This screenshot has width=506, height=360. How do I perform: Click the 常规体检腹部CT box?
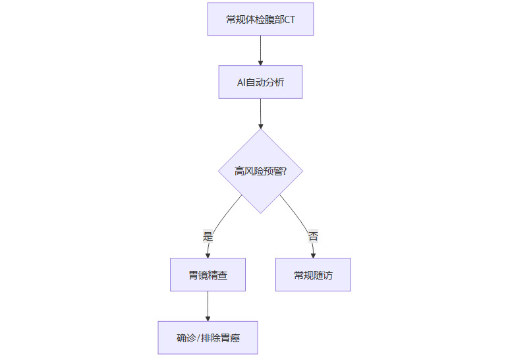(260, 19)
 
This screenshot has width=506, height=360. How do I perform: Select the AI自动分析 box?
(260, 82)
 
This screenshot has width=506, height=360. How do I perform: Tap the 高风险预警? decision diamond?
(260, 171)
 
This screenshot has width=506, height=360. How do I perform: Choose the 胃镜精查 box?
(208, 275)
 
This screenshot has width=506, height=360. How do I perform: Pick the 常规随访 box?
(313, 275)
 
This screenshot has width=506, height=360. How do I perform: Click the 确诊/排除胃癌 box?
(208, 338)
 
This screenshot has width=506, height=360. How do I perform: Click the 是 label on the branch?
(208, 236)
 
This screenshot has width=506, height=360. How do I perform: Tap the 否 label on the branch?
(313, 236)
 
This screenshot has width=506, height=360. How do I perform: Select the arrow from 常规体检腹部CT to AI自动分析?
(260, 49)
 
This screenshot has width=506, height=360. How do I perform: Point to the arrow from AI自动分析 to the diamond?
(260, 112)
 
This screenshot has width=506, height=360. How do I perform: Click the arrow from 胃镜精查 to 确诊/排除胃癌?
(208, 305)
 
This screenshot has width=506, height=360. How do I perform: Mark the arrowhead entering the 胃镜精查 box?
(208, 255)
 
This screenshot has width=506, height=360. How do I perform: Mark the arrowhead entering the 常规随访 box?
(313, 255)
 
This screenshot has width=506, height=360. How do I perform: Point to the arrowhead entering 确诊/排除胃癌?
(208, 318)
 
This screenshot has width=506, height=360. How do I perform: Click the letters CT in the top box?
(289, 20)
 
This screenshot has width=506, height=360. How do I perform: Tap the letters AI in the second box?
(241, 83)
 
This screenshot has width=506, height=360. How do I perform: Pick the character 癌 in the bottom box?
(235, 339)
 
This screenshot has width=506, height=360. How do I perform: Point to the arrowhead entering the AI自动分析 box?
(260, 63)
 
